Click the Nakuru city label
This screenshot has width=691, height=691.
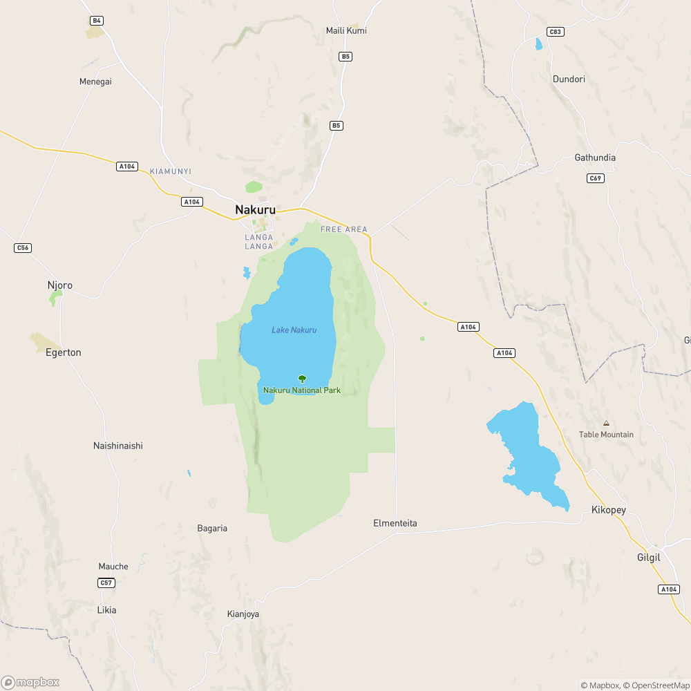point(255,209)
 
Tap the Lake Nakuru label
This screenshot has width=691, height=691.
point(294,330)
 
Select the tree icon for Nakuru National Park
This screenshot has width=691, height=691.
point(302,379)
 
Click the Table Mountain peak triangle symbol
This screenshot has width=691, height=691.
point(606,423)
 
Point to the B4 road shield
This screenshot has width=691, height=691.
point(97,21)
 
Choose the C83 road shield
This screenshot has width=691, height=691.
point(555,32)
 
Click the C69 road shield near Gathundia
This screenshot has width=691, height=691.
point(596,178)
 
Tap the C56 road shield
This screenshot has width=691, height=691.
point(23,247)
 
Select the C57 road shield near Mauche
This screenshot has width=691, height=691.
point(106,583)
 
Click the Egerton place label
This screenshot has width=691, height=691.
point(64,352)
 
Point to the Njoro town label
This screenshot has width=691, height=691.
point(59,285)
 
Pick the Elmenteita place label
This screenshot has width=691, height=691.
point(395,523)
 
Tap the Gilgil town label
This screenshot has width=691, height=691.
point(650,557)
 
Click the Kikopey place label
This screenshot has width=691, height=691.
point(609,510)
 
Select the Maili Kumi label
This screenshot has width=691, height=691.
point(346,30)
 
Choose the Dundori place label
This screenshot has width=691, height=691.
point(569,79)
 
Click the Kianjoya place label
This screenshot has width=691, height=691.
point(243,614)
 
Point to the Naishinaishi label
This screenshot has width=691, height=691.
point(118,446)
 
